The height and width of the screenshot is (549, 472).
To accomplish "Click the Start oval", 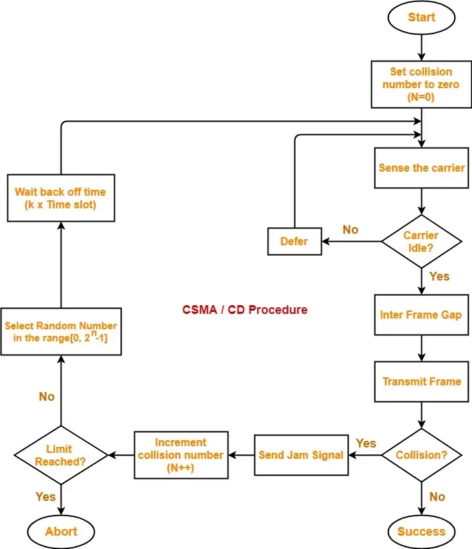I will tap(421, 17).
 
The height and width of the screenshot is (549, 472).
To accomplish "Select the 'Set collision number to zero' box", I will tap(421, 84).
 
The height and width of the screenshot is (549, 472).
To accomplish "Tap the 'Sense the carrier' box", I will tap(421, 168).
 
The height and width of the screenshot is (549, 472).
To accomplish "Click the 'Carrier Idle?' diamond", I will tap(421, 241).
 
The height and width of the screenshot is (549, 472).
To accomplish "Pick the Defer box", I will tap(294, 241).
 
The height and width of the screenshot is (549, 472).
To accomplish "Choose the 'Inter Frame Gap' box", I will tap(421, 315).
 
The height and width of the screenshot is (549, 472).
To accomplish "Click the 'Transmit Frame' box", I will tap(421, 382).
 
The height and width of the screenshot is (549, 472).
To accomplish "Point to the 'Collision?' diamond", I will tap(421, 455).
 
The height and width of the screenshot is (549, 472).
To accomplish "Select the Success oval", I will tap(421, 532).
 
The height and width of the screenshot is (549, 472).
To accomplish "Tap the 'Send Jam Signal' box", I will tap(301, 455).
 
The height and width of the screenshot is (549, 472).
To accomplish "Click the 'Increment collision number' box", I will tap(180, 455).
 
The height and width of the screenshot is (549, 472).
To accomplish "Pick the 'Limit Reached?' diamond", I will tap(61, 455).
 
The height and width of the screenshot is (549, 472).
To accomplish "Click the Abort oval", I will tap(61, 532).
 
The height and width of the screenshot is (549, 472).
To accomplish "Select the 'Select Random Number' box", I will tap(61, 332).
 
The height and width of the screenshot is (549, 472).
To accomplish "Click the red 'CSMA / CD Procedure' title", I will tap(245, 310).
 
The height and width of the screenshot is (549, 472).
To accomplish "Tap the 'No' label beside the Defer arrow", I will tap(350, 230).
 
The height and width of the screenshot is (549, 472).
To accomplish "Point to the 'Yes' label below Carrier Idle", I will tap(439, 276).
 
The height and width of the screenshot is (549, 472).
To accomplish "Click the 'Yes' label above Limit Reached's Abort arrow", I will tap(45, 497).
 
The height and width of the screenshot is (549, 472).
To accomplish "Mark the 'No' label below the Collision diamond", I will tap(437, 497).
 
